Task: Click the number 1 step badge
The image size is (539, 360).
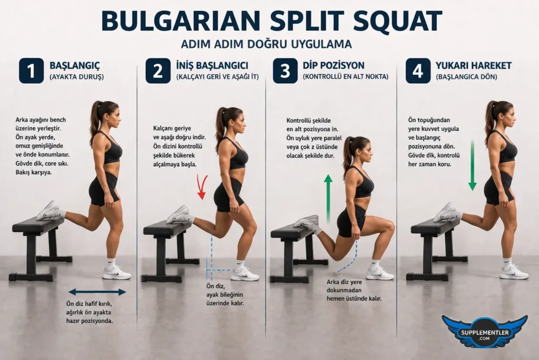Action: (x=31, y=71)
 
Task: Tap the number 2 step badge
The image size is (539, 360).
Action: (x=158, y=71)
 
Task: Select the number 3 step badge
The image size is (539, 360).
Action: (x=285, y=71)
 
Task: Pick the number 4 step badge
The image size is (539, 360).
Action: (x=418, y=71)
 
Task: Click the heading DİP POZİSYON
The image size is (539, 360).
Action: (x=334, y=66)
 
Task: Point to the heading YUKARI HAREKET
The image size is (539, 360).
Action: (x=473, y=66)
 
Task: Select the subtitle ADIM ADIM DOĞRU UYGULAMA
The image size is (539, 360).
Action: (x=266, y=43)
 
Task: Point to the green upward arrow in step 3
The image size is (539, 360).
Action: (x=328, y=198)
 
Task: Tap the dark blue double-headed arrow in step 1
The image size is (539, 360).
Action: (x=97, y=292)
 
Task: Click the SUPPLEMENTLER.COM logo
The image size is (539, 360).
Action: (x=484, y=331)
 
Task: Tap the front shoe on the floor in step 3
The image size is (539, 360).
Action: (x=380, y=273)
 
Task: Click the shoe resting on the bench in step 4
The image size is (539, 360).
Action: (x=446, y=212)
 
